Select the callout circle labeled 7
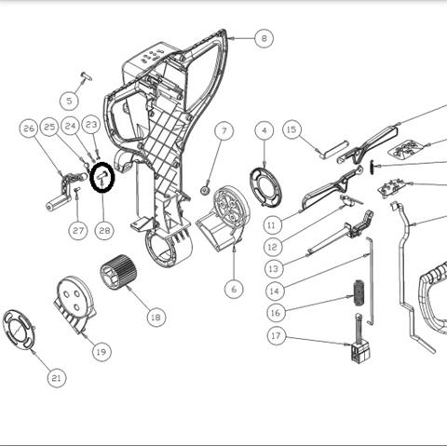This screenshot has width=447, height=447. pos(223,130)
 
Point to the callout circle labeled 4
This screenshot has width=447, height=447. pos(264,130)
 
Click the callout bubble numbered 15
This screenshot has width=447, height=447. pos(291,129)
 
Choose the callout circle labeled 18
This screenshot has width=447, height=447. pos(156,317)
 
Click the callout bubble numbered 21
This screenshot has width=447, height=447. pos(57,377)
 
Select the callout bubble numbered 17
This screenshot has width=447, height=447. pos(276,335)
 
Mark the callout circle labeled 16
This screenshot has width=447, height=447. pos(276,312)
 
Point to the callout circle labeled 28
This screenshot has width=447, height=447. pos(103,230)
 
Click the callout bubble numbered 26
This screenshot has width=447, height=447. pos(29,128)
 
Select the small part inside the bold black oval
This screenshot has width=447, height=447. pos(102,175)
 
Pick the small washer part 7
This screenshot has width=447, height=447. pos(204,189)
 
